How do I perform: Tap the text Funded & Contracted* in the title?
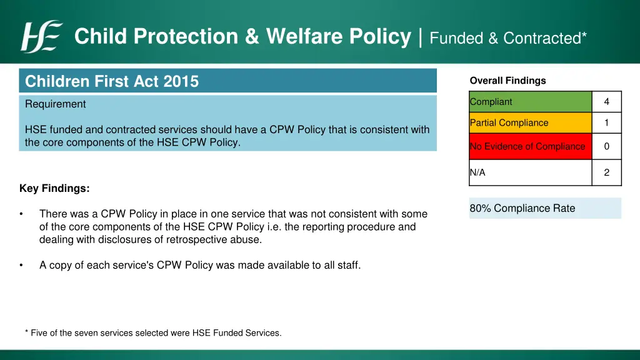[x=508, y=38]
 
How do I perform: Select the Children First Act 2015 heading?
[x=112, y=81]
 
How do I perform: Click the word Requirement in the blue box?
[x=56, y=104]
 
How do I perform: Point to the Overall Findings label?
[x=507, y=81]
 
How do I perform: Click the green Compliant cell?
[x=530, y=102]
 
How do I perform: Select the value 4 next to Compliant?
[x=606, y=102]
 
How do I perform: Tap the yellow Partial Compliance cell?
[x=530, y=123]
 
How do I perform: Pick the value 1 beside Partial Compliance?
[x=606, y=123]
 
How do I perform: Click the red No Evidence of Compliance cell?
[x=530, y=146]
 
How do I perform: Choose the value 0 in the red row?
[x=606, y=146]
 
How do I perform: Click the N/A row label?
[x=478, y=172]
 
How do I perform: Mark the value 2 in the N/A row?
[x=606, y=172]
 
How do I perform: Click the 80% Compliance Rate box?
[x=544, y=208]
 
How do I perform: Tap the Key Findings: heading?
[x=54, y=188]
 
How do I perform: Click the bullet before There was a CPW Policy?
[x=22, y=214]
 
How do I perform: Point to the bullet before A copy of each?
[x=22, y=265]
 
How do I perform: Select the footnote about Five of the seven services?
[x=153, y=333]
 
